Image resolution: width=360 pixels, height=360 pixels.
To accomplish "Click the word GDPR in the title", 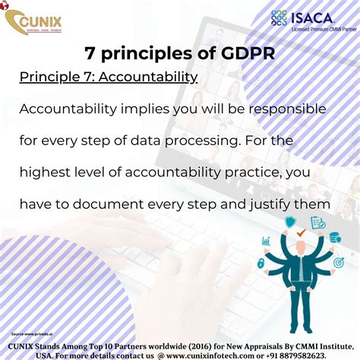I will click(x=243, y=55).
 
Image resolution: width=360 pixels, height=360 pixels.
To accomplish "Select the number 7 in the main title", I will click(x=92, y=55).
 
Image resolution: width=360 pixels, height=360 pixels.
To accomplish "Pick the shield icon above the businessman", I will click(x=290, y=223).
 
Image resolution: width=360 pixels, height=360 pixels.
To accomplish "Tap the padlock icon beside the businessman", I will click(x=262, y=263).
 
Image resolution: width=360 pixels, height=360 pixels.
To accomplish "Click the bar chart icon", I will click(x=267, y=242).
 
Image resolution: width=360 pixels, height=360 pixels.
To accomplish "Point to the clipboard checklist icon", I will click(x=318, y=223).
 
